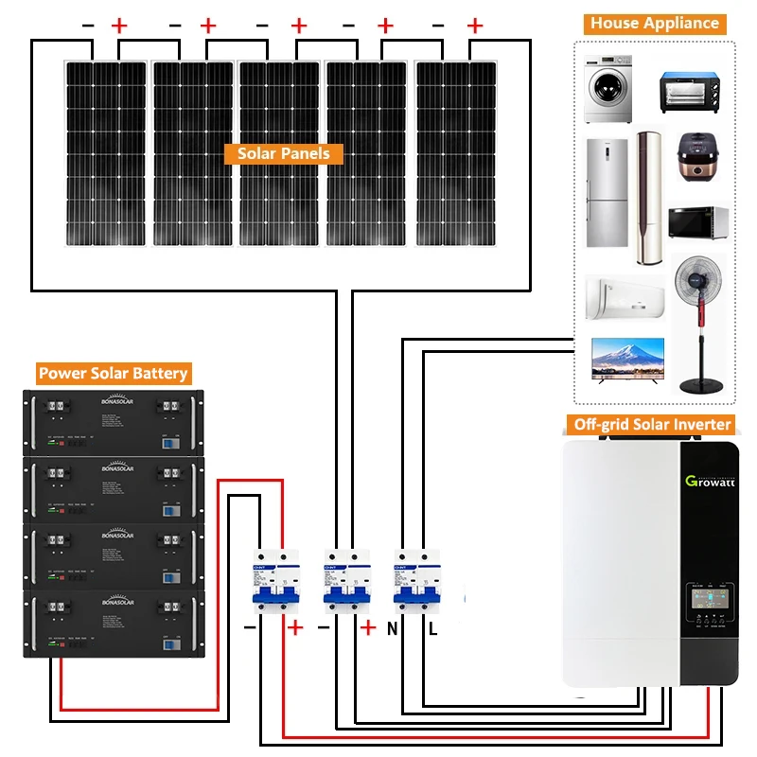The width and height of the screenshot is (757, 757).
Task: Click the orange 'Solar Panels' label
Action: (x=283, y=153)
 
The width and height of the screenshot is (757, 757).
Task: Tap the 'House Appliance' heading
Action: (x=655, y=24)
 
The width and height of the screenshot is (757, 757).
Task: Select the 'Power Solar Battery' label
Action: (x=113, y=373)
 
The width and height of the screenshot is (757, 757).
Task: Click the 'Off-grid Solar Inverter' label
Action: (x=653, y=424)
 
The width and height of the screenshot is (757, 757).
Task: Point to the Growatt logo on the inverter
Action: (x=710, y=482)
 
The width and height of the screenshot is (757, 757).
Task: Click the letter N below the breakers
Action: (x=391, y=627)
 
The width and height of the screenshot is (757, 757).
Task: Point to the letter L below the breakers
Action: (x=432, y=627)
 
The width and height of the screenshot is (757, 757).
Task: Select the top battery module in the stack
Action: (x=113, y=420)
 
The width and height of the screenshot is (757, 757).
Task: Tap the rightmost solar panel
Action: (x=454, y=151)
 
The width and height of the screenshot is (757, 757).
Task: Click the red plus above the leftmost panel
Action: (x=119, y=26)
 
